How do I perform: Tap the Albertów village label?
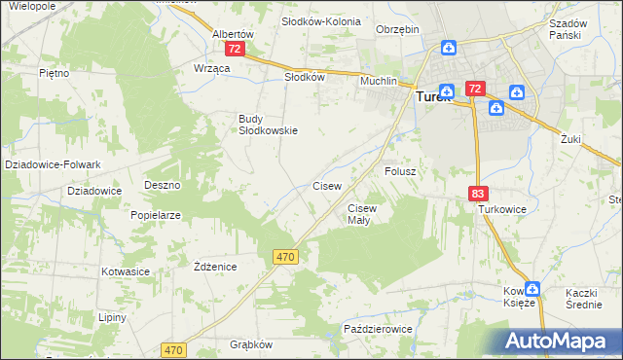pyautogui.click(x=233, y=33)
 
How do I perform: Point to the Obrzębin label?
pyautogui.click(x=397, y=29)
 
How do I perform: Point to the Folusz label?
pyautogui.click(x=400, y=171)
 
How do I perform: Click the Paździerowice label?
pyautogui.click(x=379, y=330)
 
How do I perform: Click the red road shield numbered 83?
pyautogui.click(x=477, y=194)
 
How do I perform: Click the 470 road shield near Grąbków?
pyautogui.click(x=174, y=349)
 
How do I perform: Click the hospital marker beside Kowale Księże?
pyautogui.click(x=532, y=289)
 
